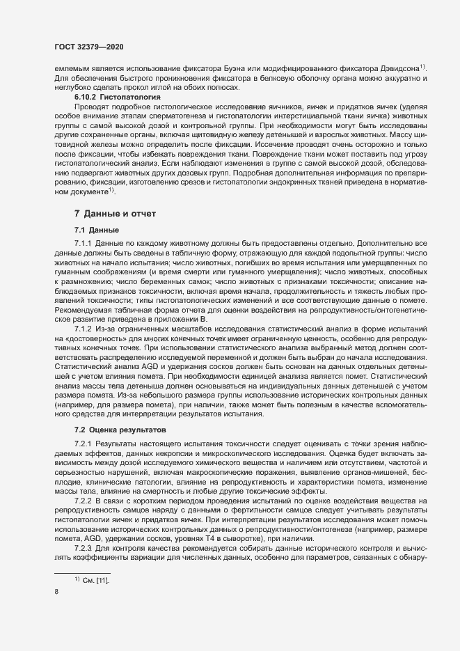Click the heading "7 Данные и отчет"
coord(116,212)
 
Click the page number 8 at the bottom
coord(56,593)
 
